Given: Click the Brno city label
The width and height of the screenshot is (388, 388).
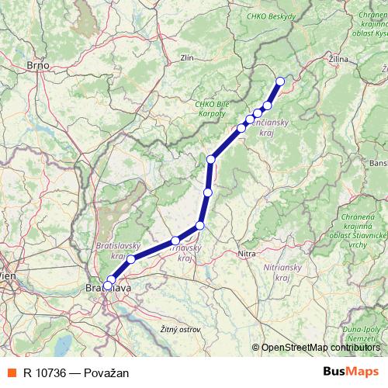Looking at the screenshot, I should [x=37, y=66].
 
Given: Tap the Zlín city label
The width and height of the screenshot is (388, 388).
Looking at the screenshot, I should [x=186, y=57].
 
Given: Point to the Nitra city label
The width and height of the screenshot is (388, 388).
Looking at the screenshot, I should [x=248, y=253].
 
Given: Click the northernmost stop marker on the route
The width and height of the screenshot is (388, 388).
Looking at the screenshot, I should [x=280, y=81].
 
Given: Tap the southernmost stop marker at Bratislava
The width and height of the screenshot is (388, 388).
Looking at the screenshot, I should [x=108, y=285].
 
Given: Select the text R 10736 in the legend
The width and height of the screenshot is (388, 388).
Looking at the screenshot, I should [x=44, y=372].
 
